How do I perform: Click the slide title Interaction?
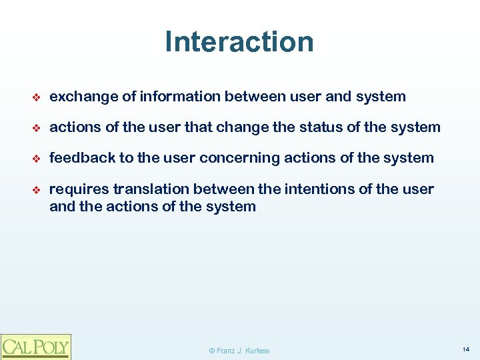click(239, 41)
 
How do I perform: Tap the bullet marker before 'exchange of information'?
click(37, 97)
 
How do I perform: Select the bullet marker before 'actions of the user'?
click(37, 128)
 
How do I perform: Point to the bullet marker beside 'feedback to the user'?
click(37, 159)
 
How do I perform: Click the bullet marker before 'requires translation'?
click(37, 190)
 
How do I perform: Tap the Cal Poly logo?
click(35, 347)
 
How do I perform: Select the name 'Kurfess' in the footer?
click(257, 351)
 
